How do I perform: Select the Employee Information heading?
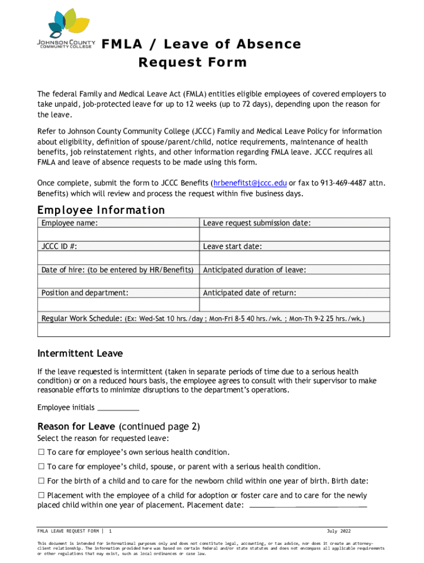(101, 210)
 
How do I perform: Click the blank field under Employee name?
(118, 235)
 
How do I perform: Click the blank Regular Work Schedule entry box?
(213, 329)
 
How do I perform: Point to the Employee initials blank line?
(118, 408)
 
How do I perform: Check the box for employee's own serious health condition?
(41, 452)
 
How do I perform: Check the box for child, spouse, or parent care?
(41, 466)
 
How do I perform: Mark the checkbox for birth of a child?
(41, 481)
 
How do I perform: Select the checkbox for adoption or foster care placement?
(41, 495)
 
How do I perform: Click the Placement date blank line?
(308, 505)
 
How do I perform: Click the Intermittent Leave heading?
(80, 354)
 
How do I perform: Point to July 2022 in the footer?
(338, 531)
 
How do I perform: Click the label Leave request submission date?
(257, 223)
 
